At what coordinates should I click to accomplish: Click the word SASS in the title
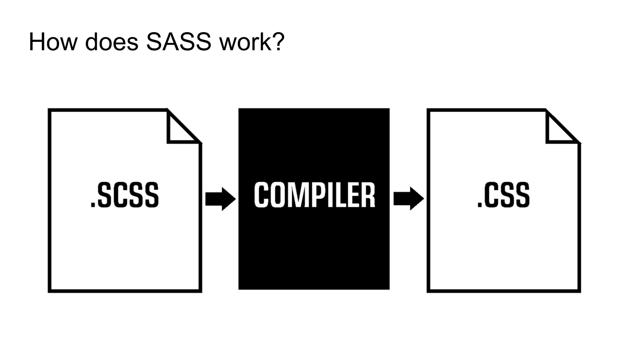click(179, 42)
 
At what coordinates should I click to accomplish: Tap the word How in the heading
click(53, 42)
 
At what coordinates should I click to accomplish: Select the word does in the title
click(112, 42)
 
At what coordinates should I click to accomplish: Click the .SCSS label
click(125, 195)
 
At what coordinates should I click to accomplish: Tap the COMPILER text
click(314, 195)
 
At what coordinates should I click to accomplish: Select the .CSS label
click(503, 195)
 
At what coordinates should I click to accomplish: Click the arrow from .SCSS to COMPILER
click(220, 199)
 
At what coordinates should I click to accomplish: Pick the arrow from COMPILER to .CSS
click(408, 198)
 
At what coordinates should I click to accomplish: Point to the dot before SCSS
click(93, 205)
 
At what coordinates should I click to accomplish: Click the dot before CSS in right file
click(480, 205)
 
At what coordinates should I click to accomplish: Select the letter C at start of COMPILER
click(261, 195)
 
